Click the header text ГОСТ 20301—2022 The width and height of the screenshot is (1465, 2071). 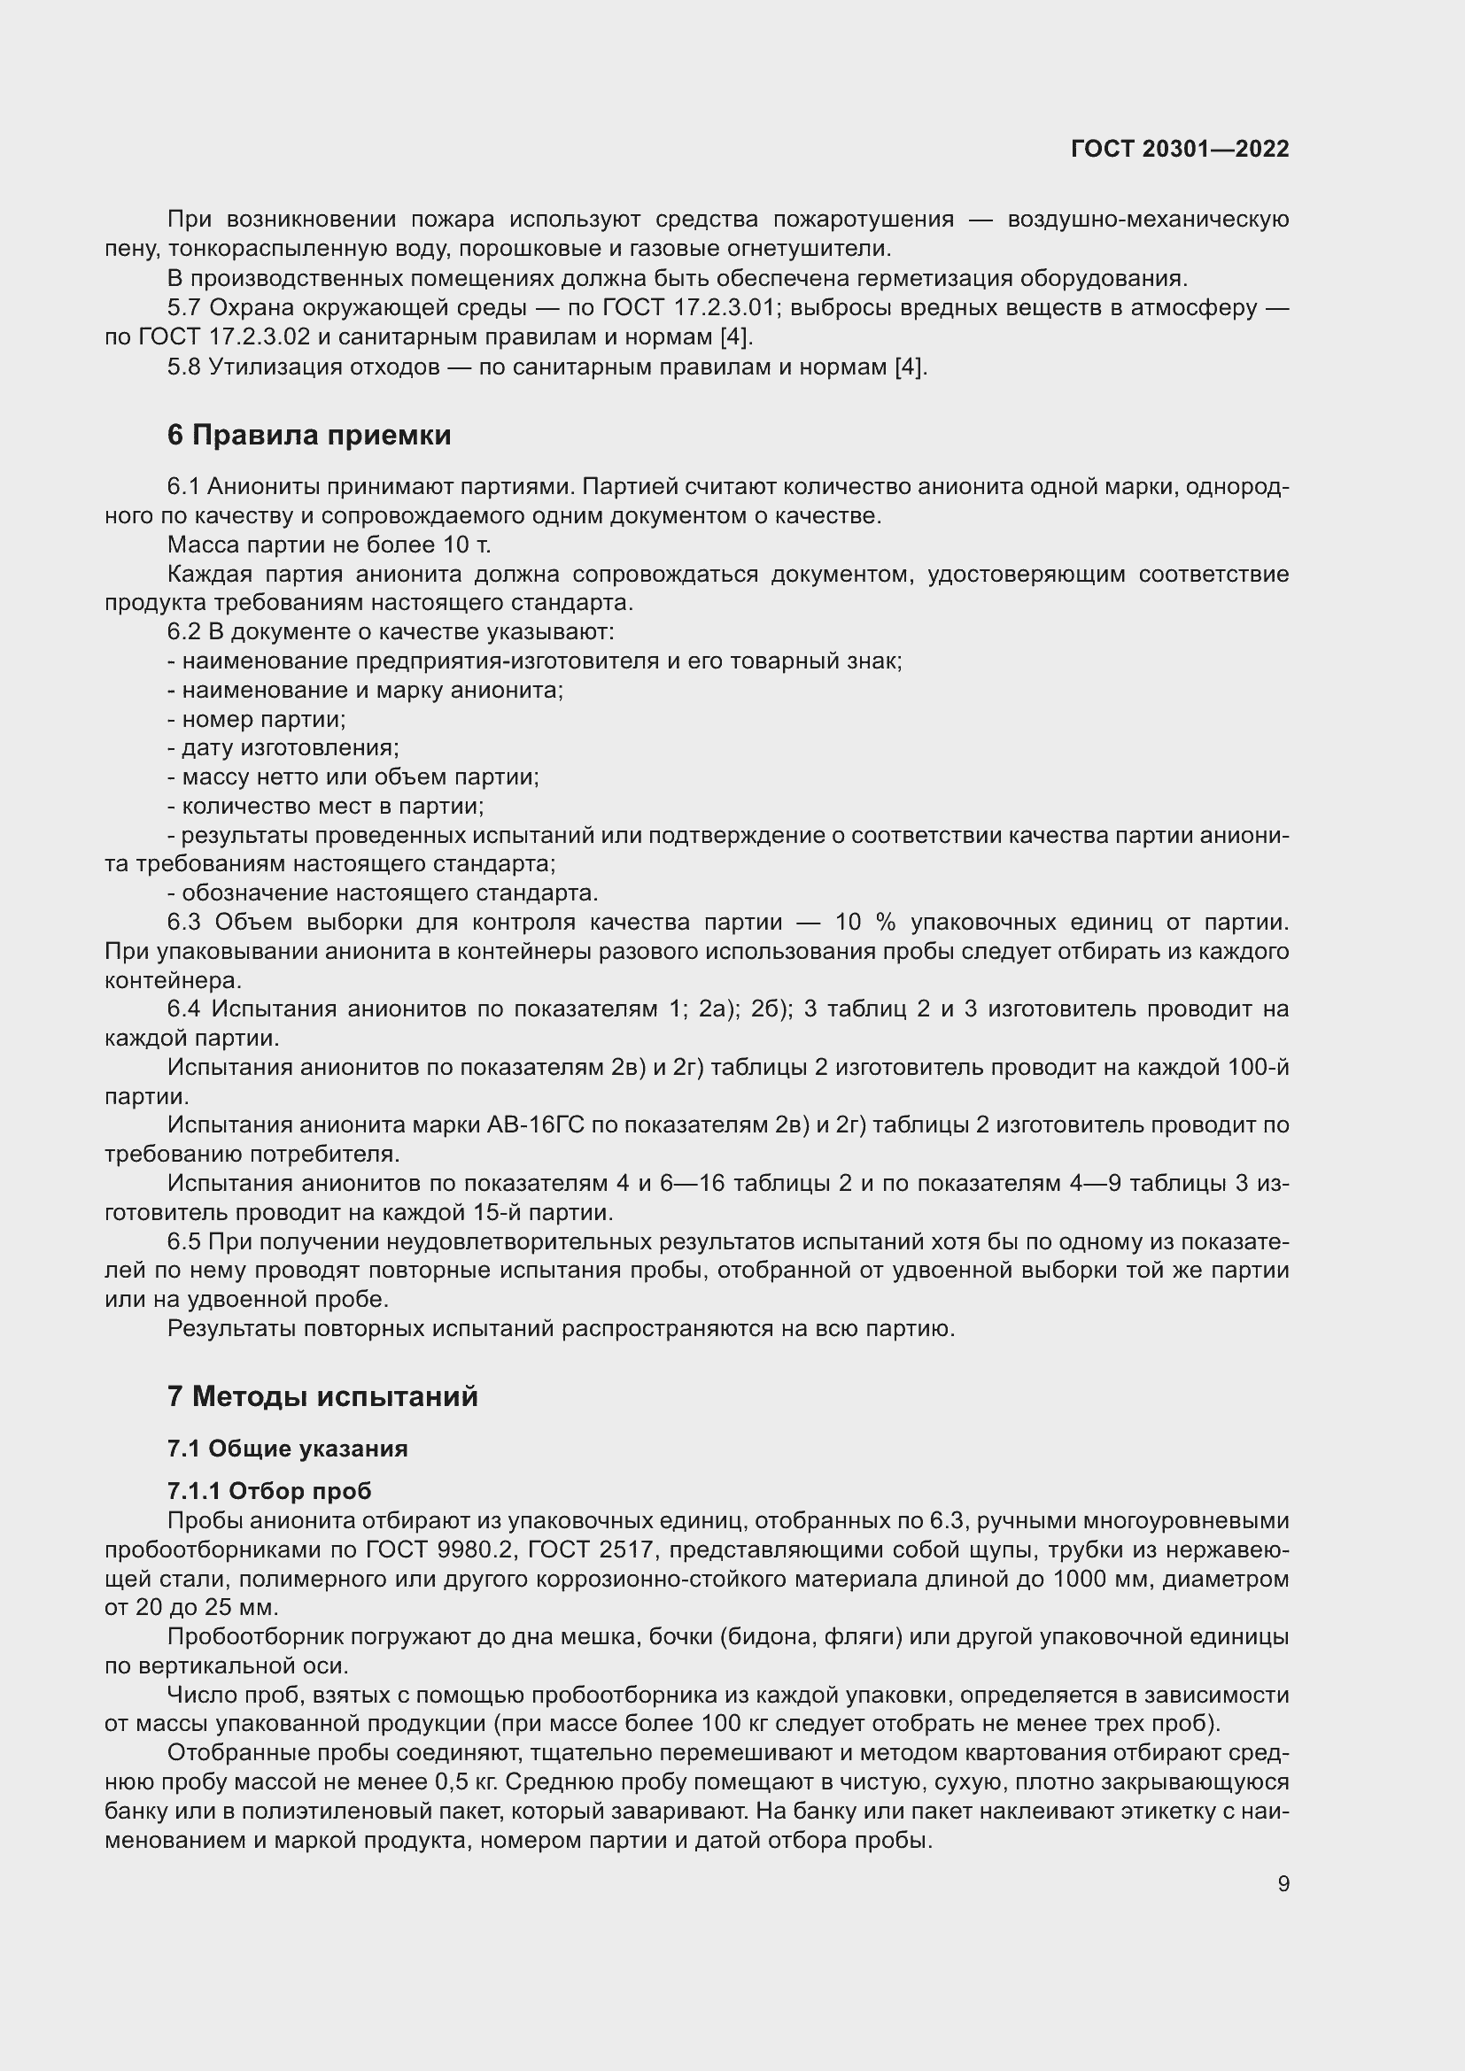1179,149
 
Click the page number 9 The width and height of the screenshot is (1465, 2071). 1283,1883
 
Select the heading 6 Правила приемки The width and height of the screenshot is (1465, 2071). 308,435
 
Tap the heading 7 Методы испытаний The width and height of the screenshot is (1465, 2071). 322,1396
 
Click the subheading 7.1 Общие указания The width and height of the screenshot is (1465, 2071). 287,1449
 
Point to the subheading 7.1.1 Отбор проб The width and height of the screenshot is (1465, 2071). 269,1491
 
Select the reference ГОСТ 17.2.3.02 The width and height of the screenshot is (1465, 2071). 225,337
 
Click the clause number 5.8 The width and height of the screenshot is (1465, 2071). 184,367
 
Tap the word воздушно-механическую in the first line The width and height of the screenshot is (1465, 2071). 1147,220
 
